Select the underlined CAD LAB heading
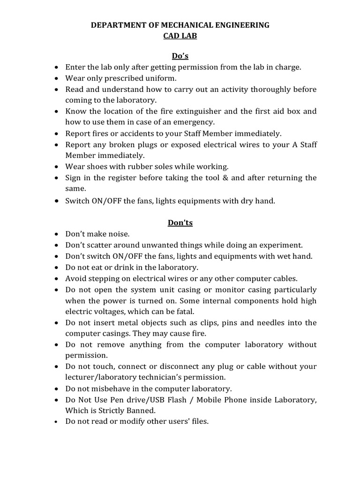coord(180,37)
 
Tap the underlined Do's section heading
coord(180,56)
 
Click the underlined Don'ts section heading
coord(180,223)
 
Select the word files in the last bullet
coord(199,421)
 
